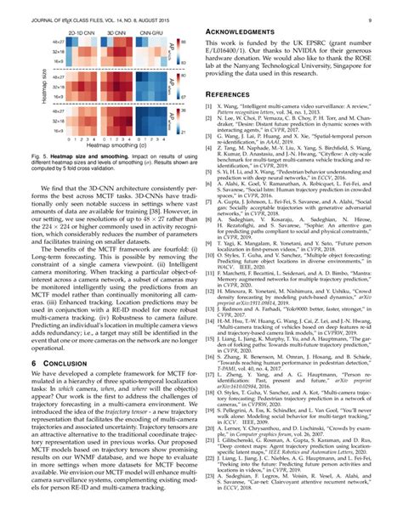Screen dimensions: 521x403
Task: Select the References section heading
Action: pos(237,97)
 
